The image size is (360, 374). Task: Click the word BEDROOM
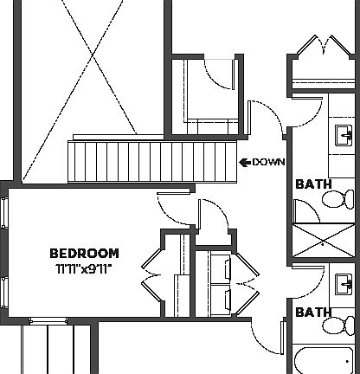pyautogui.click(x=84, y=253)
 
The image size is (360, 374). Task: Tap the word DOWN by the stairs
pyautogui.click(x=269, y=162)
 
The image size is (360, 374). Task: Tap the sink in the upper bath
pyautogui.click(x=344, y=134)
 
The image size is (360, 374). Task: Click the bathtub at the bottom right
pyautogui.click(x=325, y=362)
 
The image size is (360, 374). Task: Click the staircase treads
pyautogui.click(x=152, y=160)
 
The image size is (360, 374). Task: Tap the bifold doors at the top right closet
pyautogui.click(x=322, y=47)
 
